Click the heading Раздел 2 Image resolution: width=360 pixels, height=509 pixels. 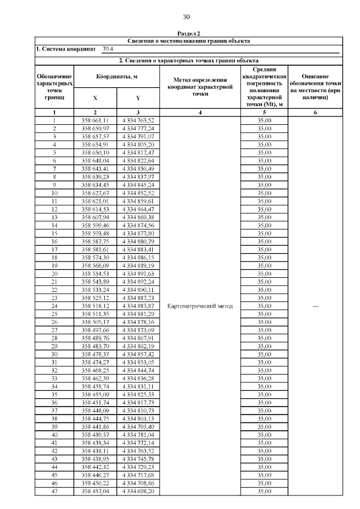pyautogui.click(x=188, y=34)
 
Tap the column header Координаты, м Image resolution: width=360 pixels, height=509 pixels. pyautogui.click(x=116, y=76)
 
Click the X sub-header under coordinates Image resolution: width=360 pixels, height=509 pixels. pyautogui.click(x=94, y=97)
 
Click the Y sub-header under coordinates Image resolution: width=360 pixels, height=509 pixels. pyautogui.click(x=138, y=97)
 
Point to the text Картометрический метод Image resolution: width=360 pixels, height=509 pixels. pyautogui.click(x=200, y=305)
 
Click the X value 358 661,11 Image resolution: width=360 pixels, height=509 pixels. pyautogui.click(x=95, y=120)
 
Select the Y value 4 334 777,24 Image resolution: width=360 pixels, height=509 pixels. pyautogui.click(x=138, y=128)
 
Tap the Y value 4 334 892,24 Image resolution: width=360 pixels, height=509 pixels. pyautogui.click(x=138, y=282)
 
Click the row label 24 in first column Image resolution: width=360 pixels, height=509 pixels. pyautogui.click(x=55, y=305)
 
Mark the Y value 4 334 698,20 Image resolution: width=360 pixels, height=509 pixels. pyautogui.click(x=138, y=491)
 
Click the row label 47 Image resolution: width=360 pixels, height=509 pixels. pyautogui.click(x=55, y=491)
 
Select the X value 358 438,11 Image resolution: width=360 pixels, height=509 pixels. pyautogui.click(x=95, y=451)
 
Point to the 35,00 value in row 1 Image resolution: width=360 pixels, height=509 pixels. pyautogui.click(x=264, y=120)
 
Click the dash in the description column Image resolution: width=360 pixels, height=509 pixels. pyautogui.click(x=315, y=305)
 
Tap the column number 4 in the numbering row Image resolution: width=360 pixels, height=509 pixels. pyautogui.click(x=200, y=112)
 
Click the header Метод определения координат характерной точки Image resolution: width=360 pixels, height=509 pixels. pyautogui.click(x=200, y=87)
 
